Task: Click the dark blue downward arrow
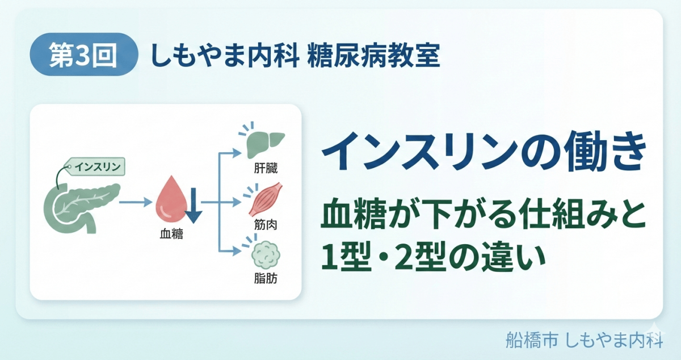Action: point(193,206)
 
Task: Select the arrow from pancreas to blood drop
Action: point(137,202)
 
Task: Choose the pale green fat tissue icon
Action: point(265,255)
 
